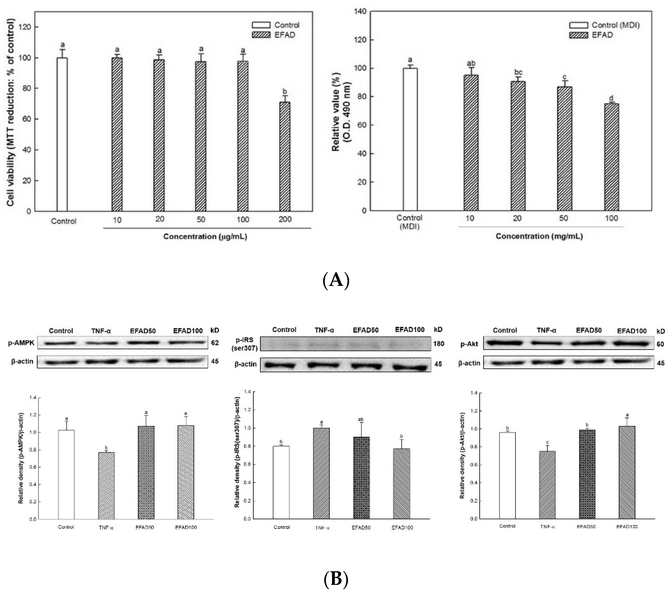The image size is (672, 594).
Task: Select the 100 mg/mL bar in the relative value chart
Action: point(611,157)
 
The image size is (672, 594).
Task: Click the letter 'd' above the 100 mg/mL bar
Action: point(611,98)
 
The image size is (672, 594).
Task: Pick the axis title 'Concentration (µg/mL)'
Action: point(205,237)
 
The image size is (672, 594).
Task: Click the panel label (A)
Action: point(336,280)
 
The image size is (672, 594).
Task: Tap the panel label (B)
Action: point(336,579)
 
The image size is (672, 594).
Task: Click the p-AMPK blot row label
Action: point(21,343)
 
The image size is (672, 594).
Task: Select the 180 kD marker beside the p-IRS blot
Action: point(438,344)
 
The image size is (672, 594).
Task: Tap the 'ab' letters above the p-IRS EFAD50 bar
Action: point(361,419)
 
